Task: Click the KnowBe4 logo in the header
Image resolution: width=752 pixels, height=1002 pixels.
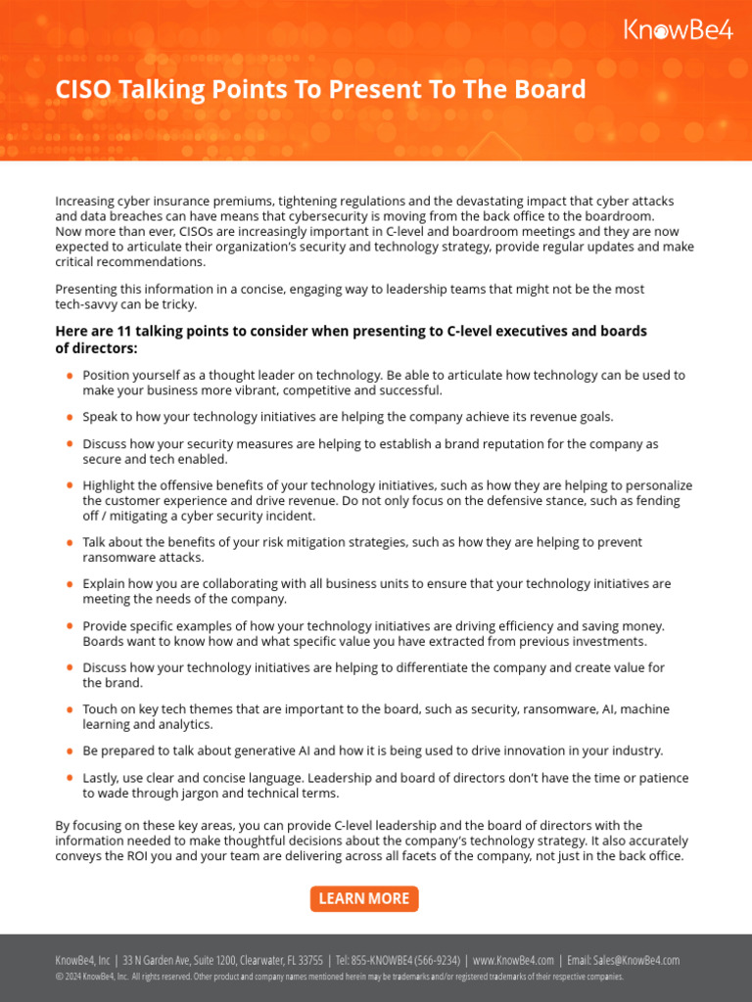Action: click(678, 30)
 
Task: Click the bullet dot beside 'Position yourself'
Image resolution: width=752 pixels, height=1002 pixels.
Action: click(70, 376)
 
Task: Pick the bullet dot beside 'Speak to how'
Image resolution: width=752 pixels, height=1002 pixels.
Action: click(70, 417)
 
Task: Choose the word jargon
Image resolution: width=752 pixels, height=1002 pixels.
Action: click(193, 793)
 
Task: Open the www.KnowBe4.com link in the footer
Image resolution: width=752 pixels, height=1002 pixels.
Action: click(513, 960)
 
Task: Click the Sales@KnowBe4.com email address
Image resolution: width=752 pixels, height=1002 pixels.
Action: click(636, 960)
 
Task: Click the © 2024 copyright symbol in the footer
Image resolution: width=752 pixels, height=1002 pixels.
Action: click(59, 977)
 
